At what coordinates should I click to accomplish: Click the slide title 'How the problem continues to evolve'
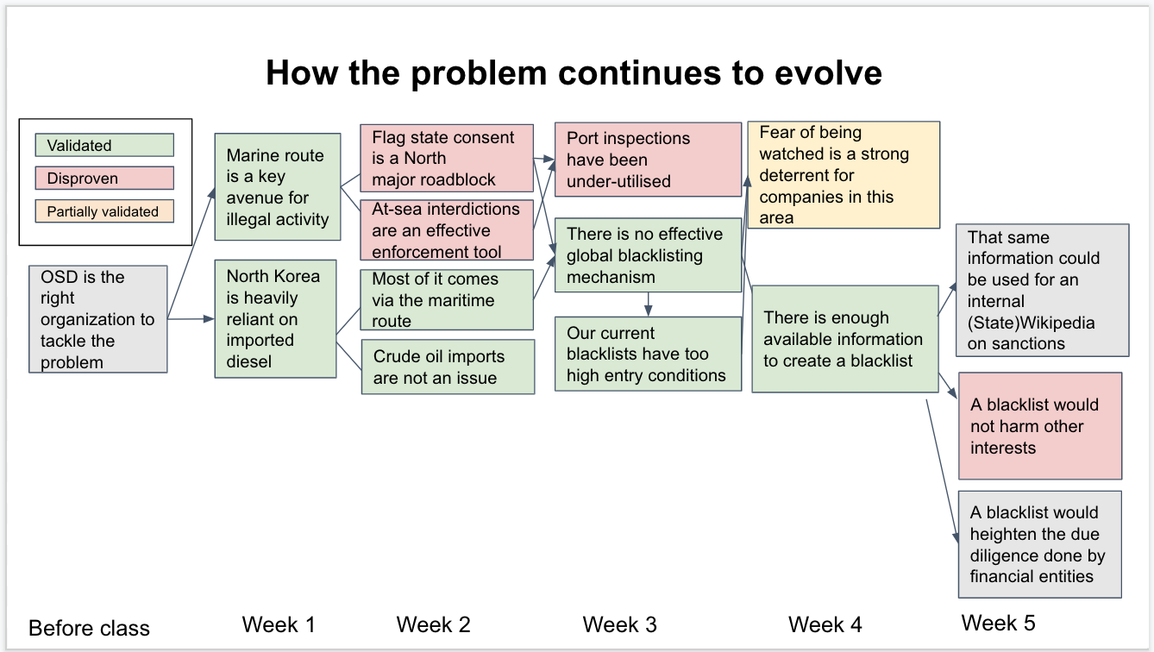pos(574,73)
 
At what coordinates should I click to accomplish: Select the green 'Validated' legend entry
pos(104,145)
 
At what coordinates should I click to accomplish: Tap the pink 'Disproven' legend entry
pos(104,179)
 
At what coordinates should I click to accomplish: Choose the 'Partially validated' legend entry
pos(104,211)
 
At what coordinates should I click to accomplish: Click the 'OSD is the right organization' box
pos(97,319)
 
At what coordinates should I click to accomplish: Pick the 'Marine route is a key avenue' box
pos(278,187)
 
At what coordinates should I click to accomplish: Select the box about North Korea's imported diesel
pos(276,319)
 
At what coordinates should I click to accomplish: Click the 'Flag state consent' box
pos(447,158)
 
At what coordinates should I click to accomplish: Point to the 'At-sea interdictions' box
pos(447,230)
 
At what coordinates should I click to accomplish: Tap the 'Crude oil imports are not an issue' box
pos(448,367)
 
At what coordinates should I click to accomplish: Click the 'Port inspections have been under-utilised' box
pos(648,160)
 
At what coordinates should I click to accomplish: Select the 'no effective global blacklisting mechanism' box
pos(648,255)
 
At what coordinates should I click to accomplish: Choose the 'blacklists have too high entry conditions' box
pos(648,354)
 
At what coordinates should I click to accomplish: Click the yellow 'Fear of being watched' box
pos(844,175)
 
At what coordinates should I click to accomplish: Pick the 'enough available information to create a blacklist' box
pos(845,340)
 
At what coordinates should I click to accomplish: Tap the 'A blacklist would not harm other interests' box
pos(1040,426)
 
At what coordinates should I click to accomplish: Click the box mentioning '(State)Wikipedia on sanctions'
pos(1043,291)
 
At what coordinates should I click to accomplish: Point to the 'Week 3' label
pos(620,624)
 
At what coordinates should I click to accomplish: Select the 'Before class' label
pos(89,629)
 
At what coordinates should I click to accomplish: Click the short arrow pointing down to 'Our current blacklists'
pos(648,304)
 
